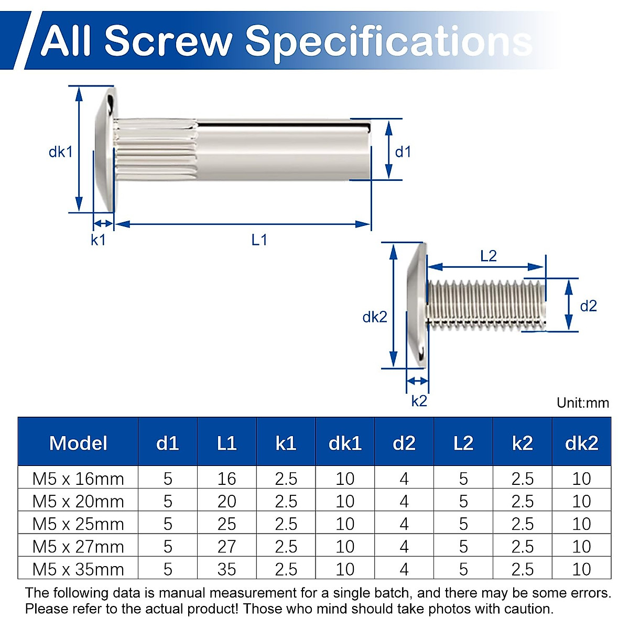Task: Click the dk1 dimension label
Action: point(60,152)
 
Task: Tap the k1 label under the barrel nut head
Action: point(98,240)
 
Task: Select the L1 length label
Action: point(259,240)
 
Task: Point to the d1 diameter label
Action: point(403,152)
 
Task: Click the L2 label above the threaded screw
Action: point(488,256)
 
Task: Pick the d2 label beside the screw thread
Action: point(588,306)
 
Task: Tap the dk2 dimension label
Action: point(374,317)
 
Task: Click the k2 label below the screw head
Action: point(419,401)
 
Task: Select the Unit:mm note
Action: point(583,403)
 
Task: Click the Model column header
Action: point(78,443)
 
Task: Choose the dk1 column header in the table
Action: point(345,443)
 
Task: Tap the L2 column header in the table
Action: point(463,443)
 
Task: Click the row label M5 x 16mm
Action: point(78,479)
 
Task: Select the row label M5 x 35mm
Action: point(78,569)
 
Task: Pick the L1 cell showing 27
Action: point(226,547)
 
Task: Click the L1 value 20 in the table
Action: point(226,502)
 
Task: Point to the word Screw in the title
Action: point(168,41)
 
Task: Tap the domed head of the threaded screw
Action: point(417,306)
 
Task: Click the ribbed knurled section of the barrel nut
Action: point(155,150)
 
